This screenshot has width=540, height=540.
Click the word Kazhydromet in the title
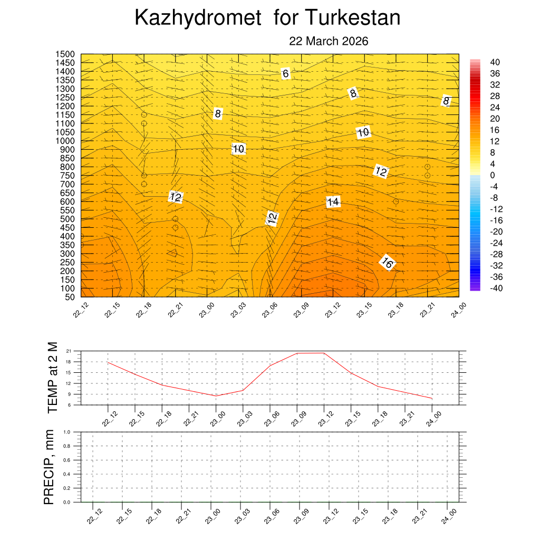(198, 18)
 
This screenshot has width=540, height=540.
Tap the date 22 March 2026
(329, 41)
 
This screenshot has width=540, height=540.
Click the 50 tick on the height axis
(70, 297)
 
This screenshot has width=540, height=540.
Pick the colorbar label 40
(495, 62)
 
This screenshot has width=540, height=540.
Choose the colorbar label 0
(492, 175)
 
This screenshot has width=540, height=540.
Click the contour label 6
(285, 74)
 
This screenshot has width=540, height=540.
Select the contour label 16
(387, 263)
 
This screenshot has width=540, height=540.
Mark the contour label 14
(333, 202)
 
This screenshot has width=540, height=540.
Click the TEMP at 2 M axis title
(52, 378)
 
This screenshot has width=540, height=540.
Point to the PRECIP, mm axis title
(49, 467)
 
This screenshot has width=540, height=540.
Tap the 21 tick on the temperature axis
(69, 351)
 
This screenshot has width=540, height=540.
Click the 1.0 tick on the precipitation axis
(67, 432)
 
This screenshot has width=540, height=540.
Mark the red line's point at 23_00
(216, 396)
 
